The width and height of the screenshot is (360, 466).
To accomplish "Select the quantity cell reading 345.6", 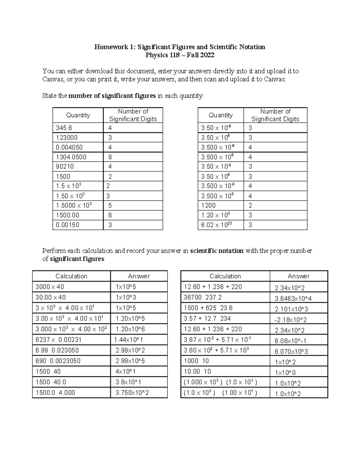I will coord(64,128).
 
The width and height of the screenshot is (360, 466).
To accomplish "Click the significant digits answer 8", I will coord(110,157).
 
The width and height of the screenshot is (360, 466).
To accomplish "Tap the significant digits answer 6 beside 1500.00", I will coord(110,215).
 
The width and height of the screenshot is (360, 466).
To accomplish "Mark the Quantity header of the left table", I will coord(78,115).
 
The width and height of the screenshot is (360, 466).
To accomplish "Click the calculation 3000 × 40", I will coord(50,287).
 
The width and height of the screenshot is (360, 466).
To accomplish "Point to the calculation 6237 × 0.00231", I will coord(58,340).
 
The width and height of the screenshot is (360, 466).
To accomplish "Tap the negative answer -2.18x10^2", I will coord(290,320).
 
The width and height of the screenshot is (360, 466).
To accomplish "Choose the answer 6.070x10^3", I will coord(291,351).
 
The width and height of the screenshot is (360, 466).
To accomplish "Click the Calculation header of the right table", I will coord(225,276).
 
